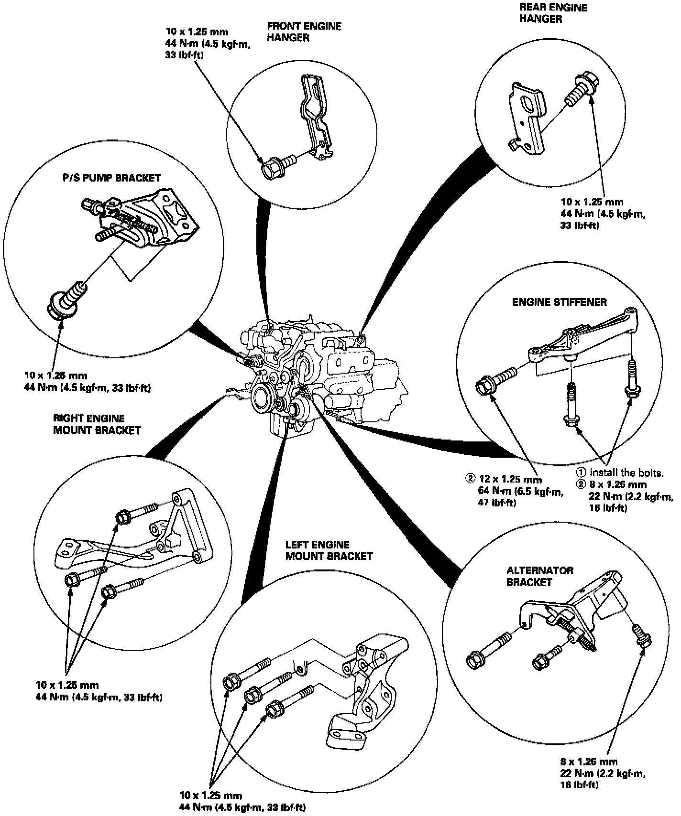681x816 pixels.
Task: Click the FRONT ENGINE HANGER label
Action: [304, 32]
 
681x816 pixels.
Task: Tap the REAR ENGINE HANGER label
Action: [553, 13]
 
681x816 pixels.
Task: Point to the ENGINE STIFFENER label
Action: [559, 302]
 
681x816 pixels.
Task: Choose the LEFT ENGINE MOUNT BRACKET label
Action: [329, 550]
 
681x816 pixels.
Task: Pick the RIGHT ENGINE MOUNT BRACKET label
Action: [97, 424]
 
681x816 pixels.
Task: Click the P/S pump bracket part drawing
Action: [148, 220]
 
